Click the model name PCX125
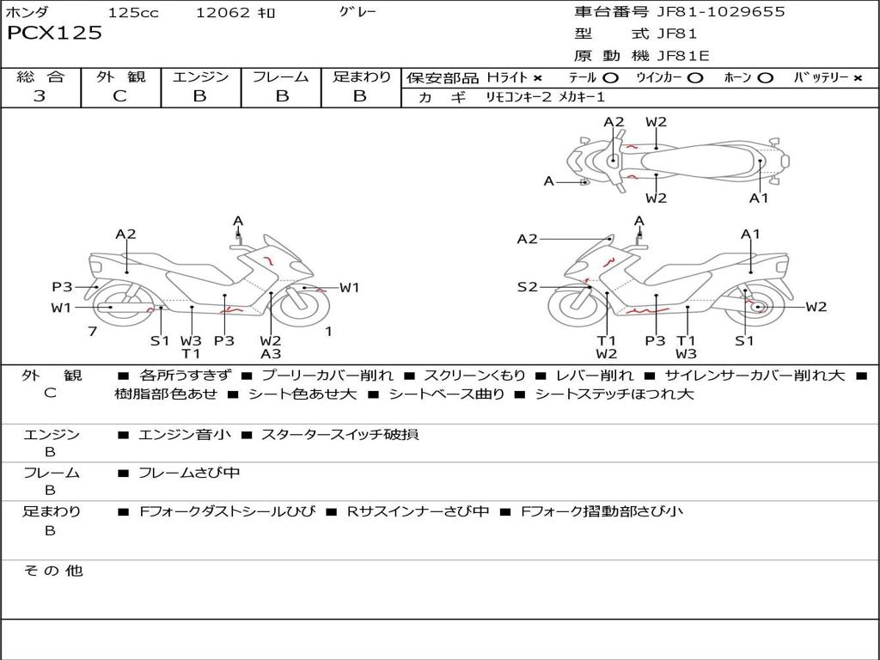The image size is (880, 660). [x=54, y=34]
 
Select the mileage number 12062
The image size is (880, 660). [x=223, y=12]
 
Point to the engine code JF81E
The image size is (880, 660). [x=683, y=56]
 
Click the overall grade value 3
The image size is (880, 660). [x=40, y=96]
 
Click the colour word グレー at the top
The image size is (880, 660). [x=357, y=12]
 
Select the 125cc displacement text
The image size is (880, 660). [x=133, y=12]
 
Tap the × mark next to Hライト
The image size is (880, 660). [x=537, y=77]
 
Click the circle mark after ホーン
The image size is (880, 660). [x=764, y=77]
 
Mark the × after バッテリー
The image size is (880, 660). [x=858, y=77]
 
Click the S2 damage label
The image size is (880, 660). [x=527, y=287]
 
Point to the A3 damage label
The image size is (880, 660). [x=271, y=353]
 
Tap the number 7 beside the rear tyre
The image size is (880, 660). [x=91, y=332]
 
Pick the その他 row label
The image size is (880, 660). [x=53, y=571]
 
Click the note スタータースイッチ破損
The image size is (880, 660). [x=339, y=435]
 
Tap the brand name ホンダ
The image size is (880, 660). [x=27, y=12]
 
